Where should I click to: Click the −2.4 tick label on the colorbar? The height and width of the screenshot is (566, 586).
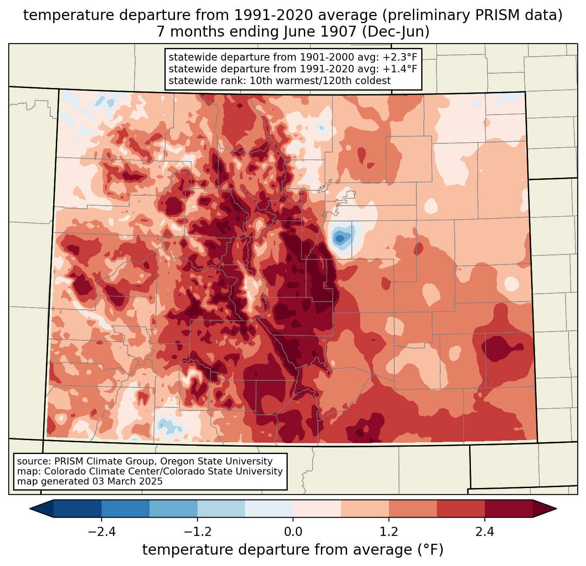102,532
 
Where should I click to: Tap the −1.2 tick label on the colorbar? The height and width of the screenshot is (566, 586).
197,532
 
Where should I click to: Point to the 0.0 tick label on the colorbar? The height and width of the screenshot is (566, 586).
293,532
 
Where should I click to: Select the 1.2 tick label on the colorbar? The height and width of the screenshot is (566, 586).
389,532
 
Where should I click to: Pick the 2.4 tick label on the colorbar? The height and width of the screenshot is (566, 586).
485,532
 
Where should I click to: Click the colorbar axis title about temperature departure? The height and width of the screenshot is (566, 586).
293,550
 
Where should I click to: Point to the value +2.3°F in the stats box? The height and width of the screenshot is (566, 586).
399,57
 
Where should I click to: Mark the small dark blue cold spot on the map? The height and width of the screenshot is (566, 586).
340,238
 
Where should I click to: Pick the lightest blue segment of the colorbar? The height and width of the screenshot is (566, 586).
269,508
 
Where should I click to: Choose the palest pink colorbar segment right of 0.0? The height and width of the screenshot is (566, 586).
317,508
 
